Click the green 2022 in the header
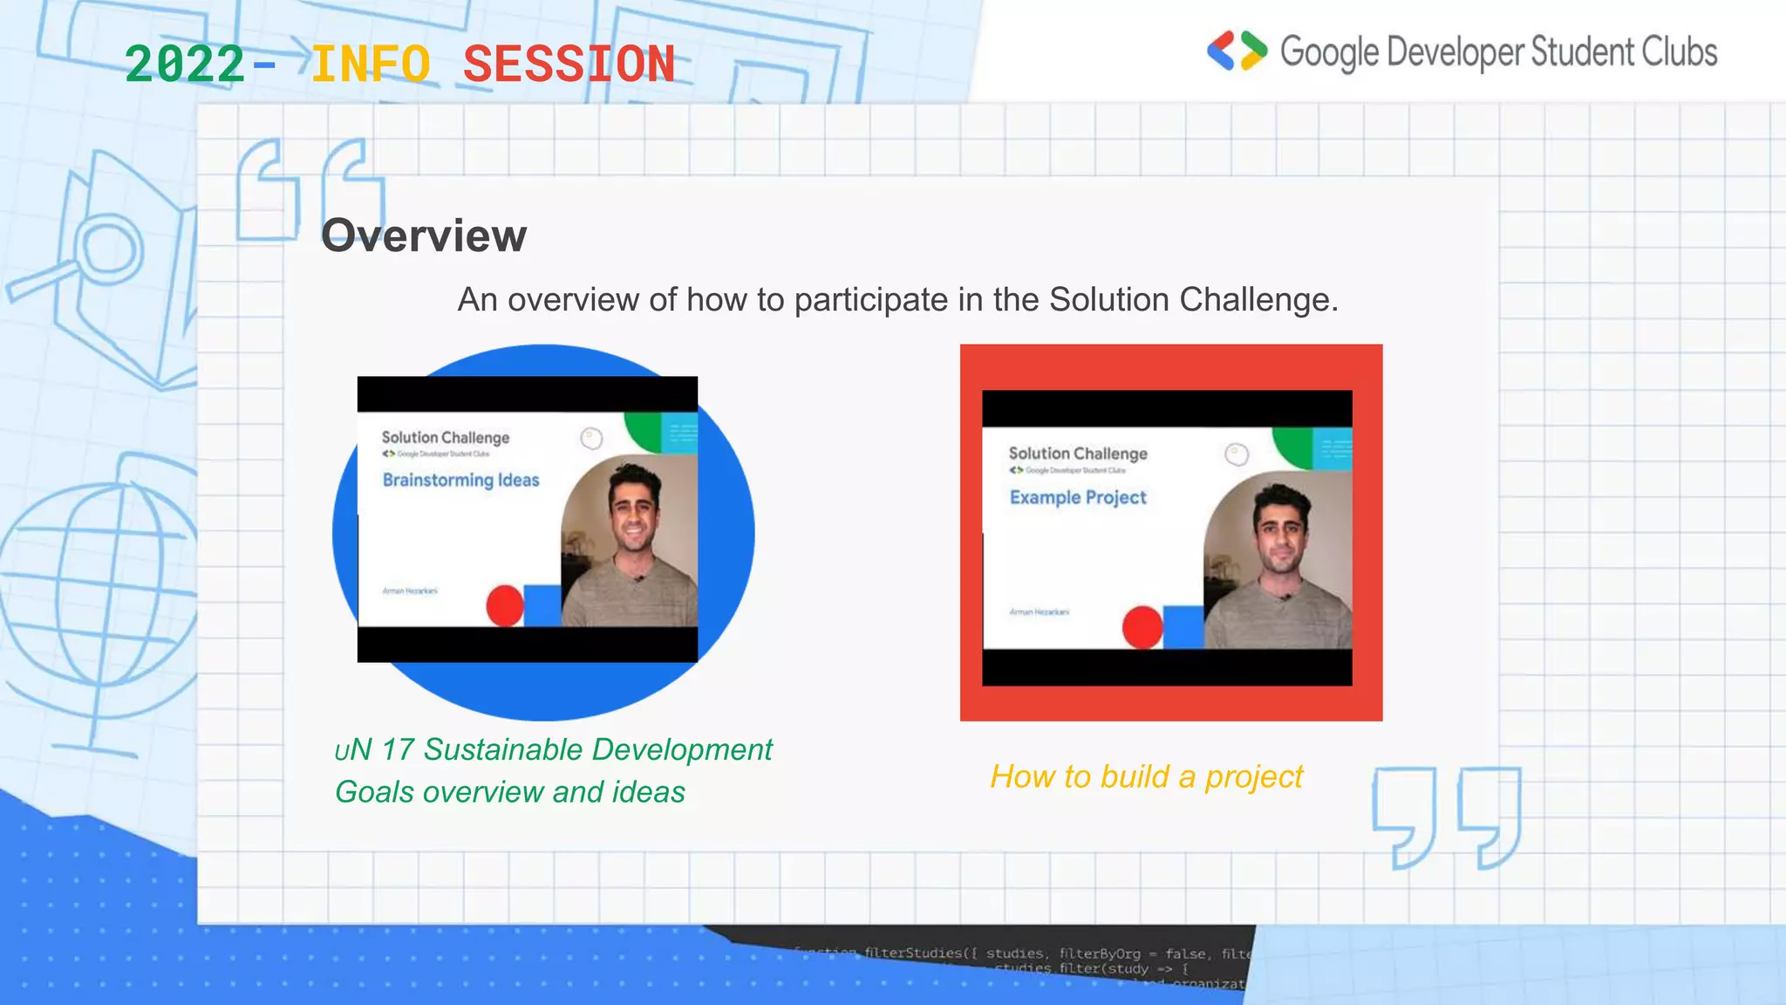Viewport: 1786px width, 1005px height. (x=185, y=65)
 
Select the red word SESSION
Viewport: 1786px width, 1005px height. (x=569, y=65)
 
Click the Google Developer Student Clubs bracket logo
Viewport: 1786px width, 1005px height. (x=1237, y=51)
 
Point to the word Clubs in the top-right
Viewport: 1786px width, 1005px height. (x=1680, y=52)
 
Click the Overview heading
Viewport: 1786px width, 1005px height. (x=424, y=236)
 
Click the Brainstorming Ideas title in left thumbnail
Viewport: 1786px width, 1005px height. (x=460, y=480)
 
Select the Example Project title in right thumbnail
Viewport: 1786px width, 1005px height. (x=1078, y=497)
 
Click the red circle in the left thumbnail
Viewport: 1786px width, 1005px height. (x=504, y=605)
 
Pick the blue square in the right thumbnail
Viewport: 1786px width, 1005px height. (x=1183, y=626)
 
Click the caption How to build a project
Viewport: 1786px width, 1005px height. (x=1146, y=776)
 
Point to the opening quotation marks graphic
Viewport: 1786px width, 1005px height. (x=310, y=188)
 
